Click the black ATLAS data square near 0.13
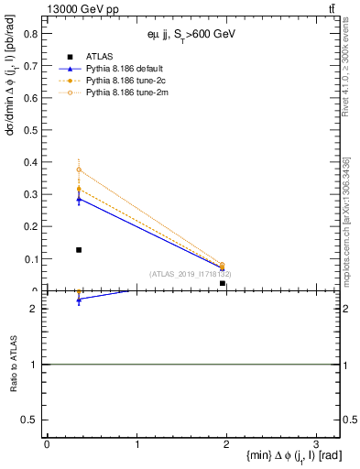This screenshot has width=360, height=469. [x=79, y=249]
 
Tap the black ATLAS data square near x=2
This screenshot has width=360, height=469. [x=223, y=283]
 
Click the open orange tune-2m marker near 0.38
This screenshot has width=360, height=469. [x=79, y=169]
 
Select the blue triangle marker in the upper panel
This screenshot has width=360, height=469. [x=79, y=199]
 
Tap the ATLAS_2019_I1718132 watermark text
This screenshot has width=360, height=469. [x=190, y=274]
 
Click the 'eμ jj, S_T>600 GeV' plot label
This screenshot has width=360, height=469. [x=189, y=34]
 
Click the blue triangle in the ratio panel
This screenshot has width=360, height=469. [x=79, y=300]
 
